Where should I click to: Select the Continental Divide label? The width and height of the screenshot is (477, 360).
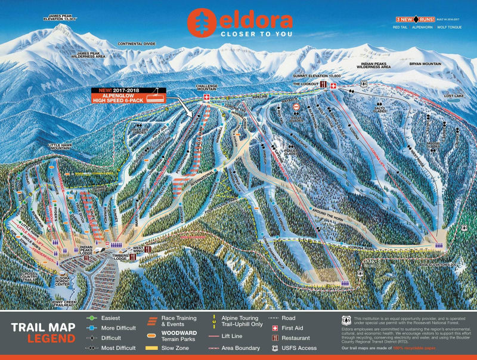137,44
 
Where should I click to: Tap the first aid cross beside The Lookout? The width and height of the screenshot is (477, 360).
333,86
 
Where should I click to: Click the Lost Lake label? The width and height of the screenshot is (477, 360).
454,95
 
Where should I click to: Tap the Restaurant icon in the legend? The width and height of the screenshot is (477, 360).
275,338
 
